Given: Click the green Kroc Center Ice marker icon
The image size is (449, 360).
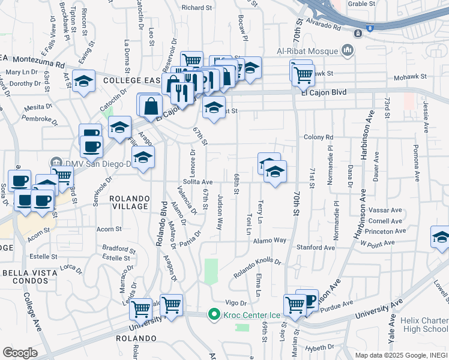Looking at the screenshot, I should (x=212, y=314).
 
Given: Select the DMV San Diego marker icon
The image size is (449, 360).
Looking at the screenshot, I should (x=56, y=162).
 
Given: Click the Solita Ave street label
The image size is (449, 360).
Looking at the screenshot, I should (x=198, y=182).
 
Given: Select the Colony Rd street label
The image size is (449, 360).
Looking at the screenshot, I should (x=318, y=137).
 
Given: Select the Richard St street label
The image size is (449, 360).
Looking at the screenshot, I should (x=197, y=8).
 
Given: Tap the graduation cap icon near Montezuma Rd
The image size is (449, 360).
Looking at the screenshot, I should (x=83, y=81).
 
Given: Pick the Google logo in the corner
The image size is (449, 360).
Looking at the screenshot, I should (x=20, y=353).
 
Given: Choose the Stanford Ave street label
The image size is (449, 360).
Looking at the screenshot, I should (x=322, y=247).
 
